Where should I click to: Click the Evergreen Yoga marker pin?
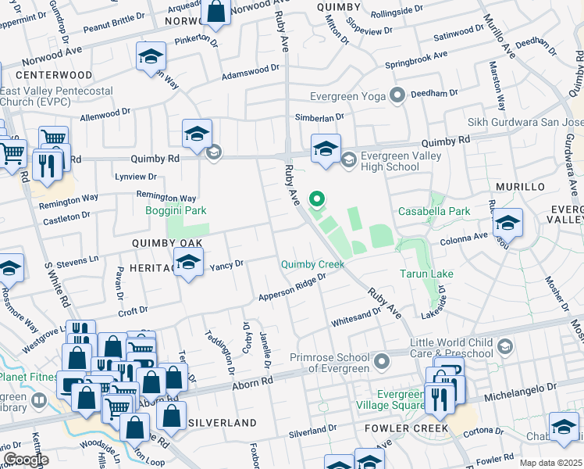[397, 96]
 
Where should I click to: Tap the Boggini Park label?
[176, 209]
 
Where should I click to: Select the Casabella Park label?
[434, 211]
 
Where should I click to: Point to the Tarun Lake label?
[426, 274]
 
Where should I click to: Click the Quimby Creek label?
[313, 264]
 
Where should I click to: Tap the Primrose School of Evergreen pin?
[381, 361]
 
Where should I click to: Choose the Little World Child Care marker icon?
[505, 345]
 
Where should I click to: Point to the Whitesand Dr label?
[356, 315]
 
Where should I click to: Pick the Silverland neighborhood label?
[223, 422]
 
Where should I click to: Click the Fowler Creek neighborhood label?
[406, 428]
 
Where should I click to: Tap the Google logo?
[25, 459]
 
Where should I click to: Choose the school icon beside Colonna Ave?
[507, 224]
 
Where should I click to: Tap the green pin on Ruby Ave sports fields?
[317, 200]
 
